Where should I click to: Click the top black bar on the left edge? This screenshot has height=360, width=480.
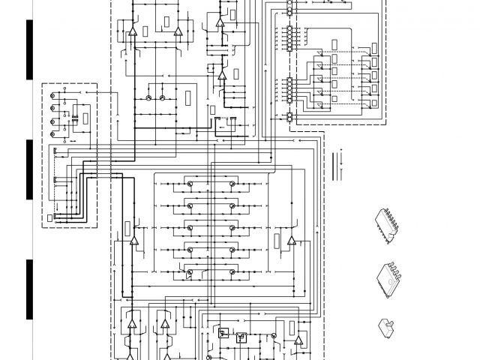[x=29, y=49]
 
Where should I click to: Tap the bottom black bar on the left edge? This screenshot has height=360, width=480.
[x=29, y=289]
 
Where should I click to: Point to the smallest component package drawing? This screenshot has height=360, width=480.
[x=388, y=325]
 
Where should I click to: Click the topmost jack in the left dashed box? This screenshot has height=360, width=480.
[x=52, y=96]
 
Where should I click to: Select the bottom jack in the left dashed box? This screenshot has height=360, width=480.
[x=52, y=133]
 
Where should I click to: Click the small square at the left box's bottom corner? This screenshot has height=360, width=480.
[x=50, y=218]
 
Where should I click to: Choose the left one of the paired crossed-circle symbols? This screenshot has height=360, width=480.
[x=149, y=98]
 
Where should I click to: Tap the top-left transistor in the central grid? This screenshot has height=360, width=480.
[x=191, y=184]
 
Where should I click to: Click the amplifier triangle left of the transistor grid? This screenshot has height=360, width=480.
[x=134, y=241]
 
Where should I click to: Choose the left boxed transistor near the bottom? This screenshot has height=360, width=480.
[x=222, y=332]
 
